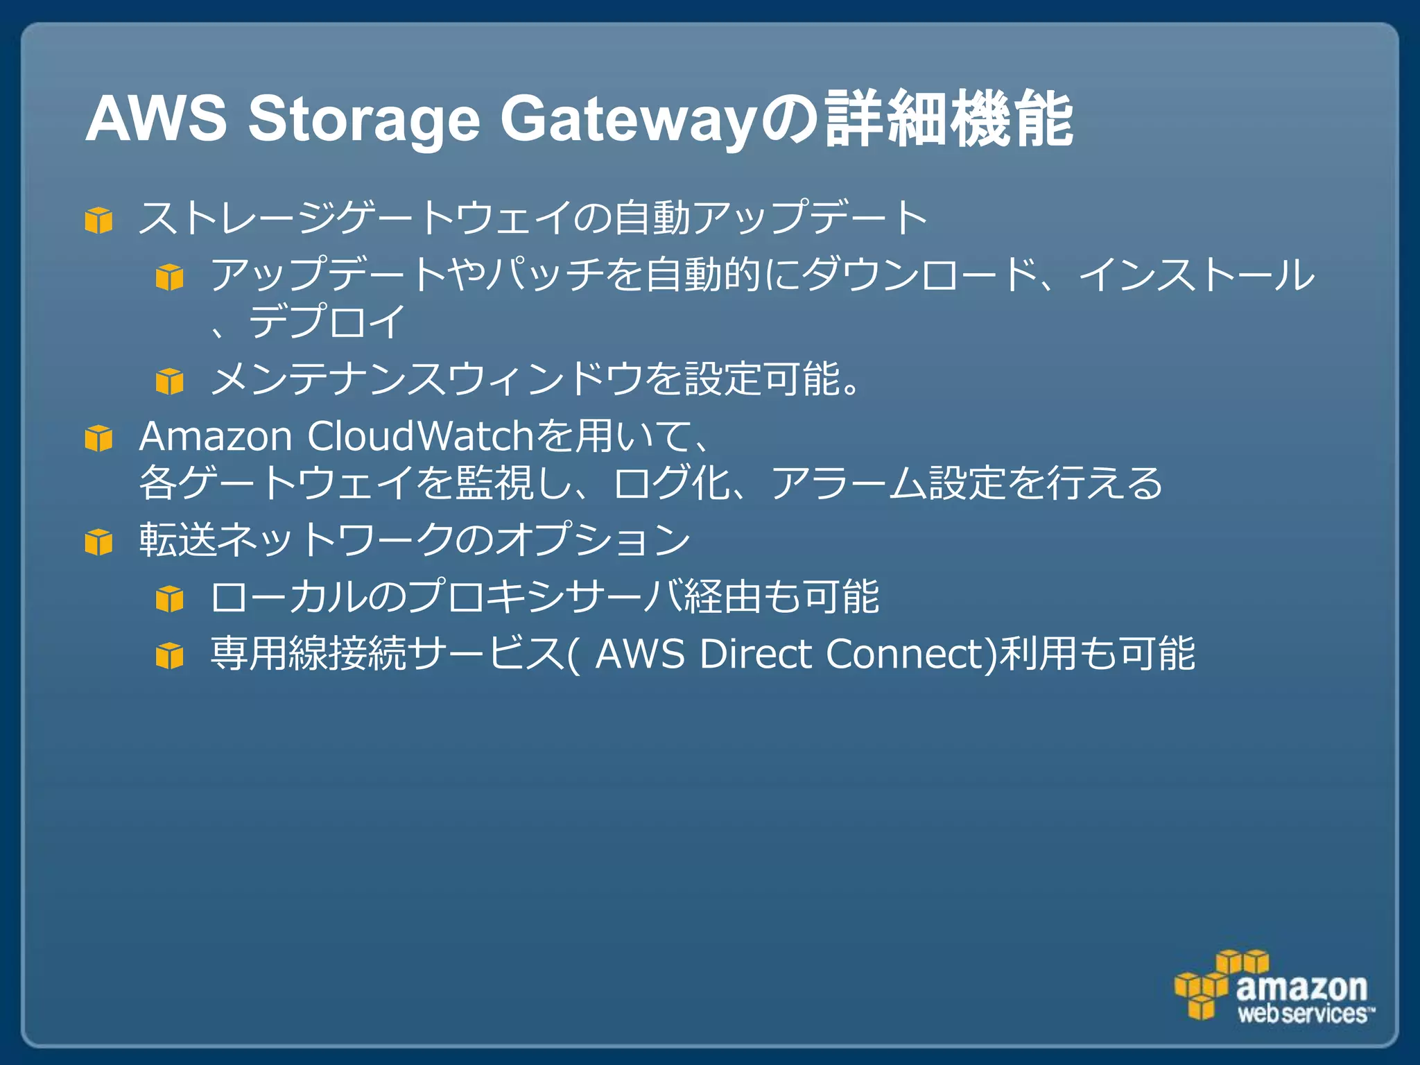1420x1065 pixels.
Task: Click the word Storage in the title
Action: [x=363, y=119]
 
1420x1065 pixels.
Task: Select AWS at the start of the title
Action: [x=156, y=119]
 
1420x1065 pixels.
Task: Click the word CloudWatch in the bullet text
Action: [x=419, y=437]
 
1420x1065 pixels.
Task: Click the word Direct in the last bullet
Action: [x=755, y=654]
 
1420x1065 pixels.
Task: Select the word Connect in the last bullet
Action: [x=908, y=654]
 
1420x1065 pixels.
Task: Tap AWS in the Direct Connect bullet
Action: [x=640, y=654]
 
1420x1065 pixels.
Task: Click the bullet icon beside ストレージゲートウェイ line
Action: [x=98, y=220]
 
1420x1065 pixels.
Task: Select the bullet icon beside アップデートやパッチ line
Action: [x=170, y=277]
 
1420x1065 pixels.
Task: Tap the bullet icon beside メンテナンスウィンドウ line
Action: [x=170, y=381]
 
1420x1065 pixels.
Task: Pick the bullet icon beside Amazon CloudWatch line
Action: [x=98, y=438]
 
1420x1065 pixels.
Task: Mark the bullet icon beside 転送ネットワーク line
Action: [x=98, y=542]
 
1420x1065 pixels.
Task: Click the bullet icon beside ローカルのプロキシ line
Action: [x=170, y=598]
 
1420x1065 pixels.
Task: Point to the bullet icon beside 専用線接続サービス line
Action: [x=170, y=655]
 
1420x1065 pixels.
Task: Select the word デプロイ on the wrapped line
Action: [x=326, y=322]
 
